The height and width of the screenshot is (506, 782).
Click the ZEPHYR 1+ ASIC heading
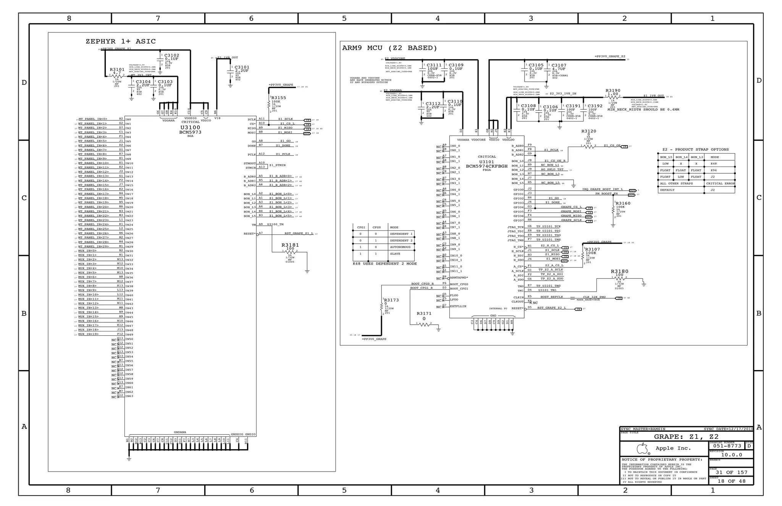pyautogui.click(x=121, y=41)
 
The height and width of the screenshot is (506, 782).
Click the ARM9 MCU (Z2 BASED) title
pyautogui.click(x=389, y=48)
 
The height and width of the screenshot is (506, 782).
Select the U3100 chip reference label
pyautogui.click(x=190, y=128)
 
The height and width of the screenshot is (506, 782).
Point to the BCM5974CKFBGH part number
pyautogui.click(x=487, y=166)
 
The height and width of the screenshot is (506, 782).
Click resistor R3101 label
pyautogui.click(x=117, y=70)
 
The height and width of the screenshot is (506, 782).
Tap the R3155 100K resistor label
pyautogui.click(x=279, y=98)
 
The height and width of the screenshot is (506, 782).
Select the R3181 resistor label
pyautogui.click(x=290, y=245)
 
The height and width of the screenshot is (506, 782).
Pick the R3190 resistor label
pyautogui.click(x=613, y=91)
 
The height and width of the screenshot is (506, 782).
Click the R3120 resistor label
pyautogui.click(x=588, y=131)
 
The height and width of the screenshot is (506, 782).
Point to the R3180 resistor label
pyautogui.click(x=619, y=271)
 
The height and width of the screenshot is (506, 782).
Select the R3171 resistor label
pyautogui.click(x=424, y=313)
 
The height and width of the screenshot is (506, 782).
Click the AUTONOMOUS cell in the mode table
pyautogui.click(x=400, y=247)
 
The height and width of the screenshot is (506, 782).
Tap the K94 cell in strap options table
pyautogui.click(x=713, y=170)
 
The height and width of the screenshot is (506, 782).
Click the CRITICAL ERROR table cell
pyautogui.click(x=720, y=183)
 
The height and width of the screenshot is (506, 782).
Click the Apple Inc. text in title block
pyautogui.click(x=673, y=448)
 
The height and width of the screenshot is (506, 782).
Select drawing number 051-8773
pyautogui.click(x=727, y=446)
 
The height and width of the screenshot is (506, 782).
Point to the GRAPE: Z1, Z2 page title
pyautogui.click(x=686, y=436)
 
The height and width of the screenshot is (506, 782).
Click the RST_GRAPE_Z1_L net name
pyautogui.click(x=299, y=233)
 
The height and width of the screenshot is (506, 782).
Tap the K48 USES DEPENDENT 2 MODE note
pyautogui.click(x=385, y=264)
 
